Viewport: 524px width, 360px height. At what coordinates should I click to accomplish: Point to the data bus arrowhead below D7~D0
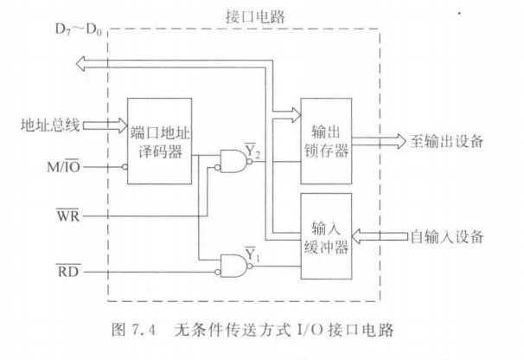point(80,61)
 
